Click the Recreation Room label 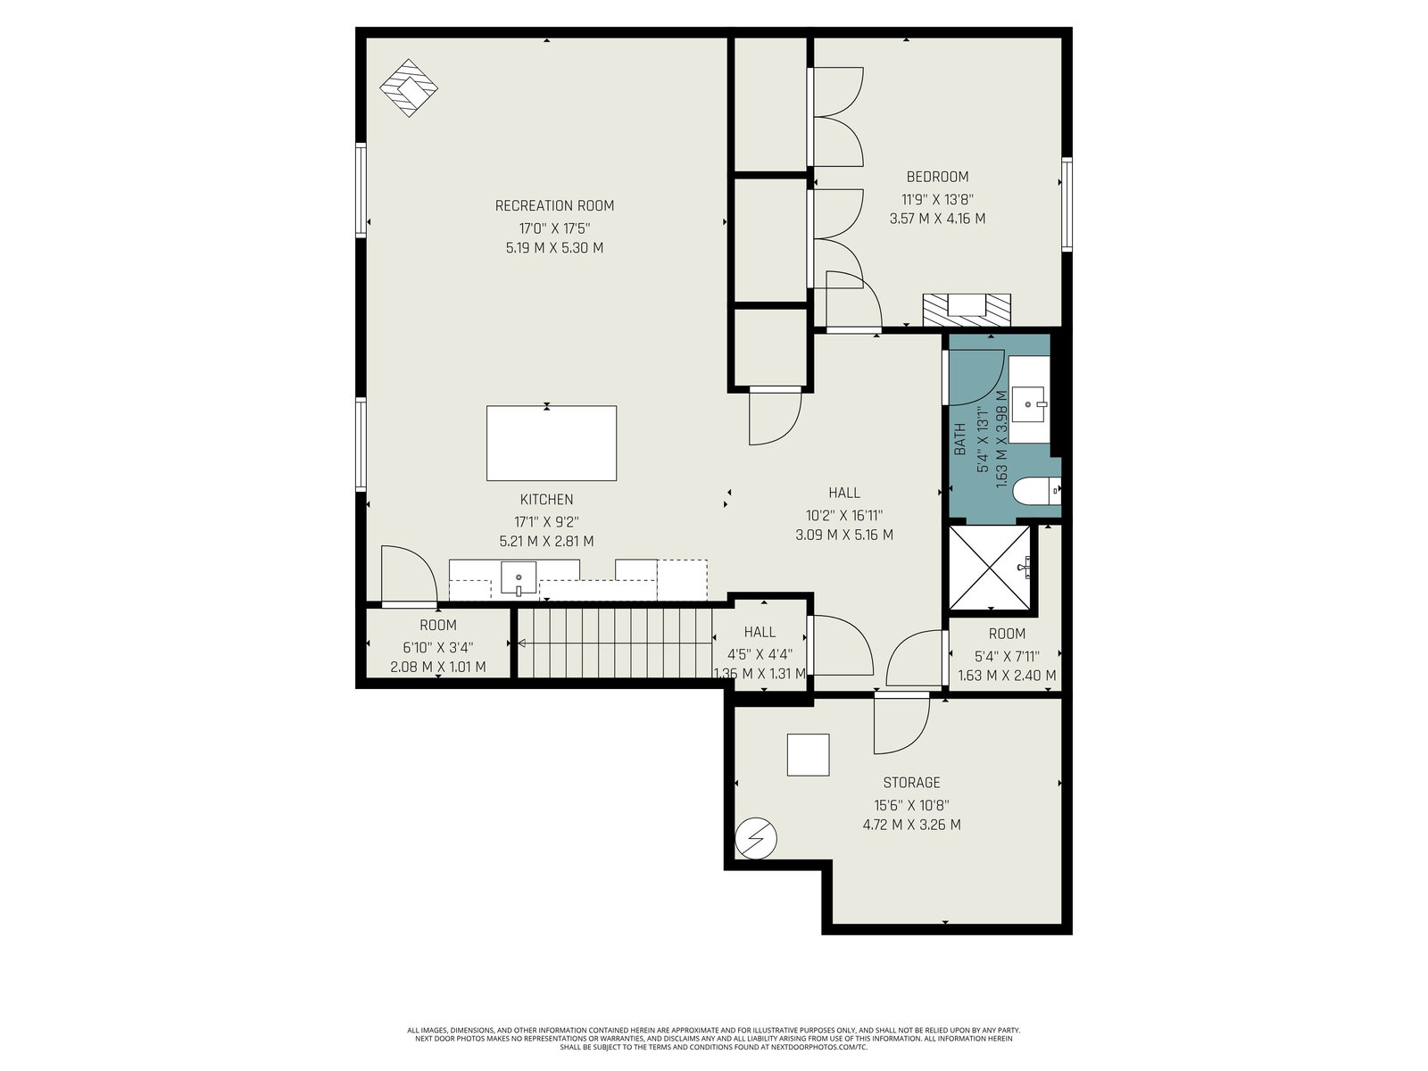tap(554, 206)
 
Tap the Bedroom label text tap(937, 177)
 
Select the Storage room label tap(911, 783)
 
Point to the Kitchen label tap(546, 500)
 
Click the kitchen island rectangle tap(552, 443)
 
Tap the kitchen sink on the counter tap(519, 578)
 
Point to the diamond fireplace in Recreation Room tap(409, 87)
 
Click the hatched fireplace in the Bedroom tap(967, 310)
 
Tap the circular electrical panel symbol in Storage tap(756, 837)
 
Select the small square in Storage tap(808, 754)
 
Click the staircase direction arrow tap(615, 643)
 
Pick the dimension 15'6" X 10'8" tap(911, 805)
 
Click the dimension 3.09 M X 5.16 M tap(843, 535)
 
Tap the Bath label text tap(959, 439)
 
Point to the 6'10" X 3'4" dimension tap(438, 648)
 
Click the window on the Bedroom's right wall tap(1067, 204)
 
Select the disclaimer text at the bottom tap(714, 1039)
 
